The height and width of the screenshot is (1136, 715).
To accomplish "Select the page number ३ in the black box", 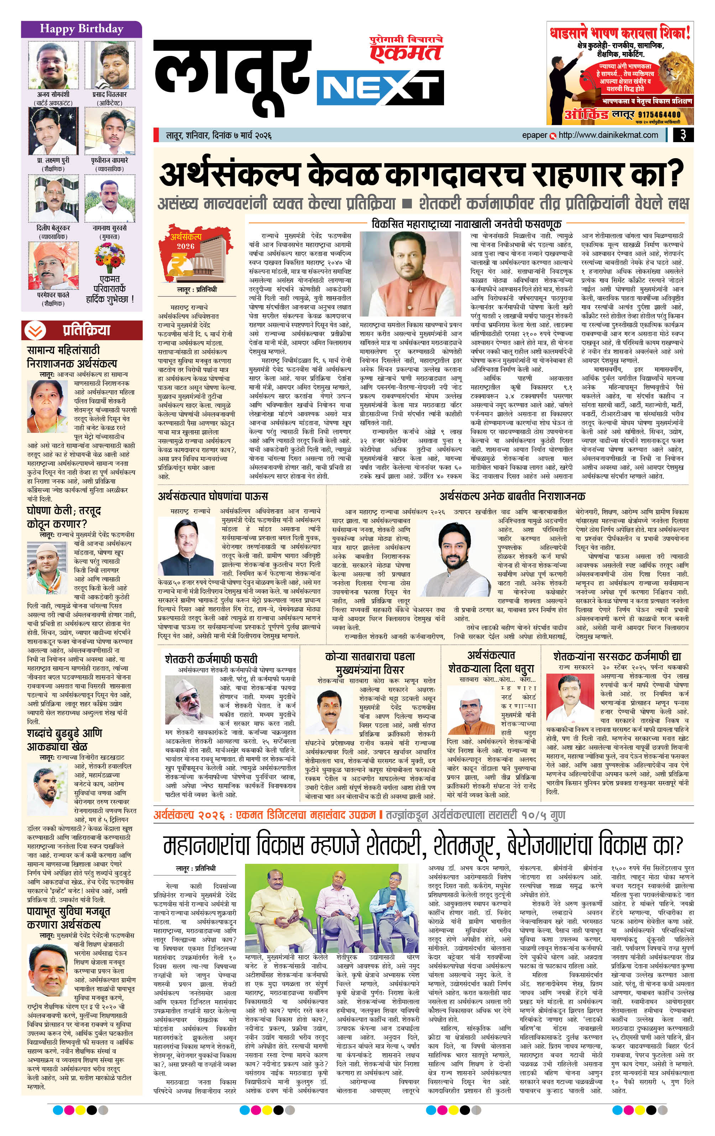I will click(x=683, y=135).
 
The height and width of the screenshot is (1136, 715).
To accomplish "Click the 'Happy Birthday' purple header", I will click(x=81, y=29).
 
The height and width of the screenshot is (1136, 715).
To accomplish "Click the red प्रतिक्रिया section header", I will click(x=82, y=330).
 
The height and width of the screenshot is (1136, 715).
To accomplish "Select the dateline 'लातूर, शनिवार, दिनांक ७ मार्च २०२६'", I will click(x=218, y=136).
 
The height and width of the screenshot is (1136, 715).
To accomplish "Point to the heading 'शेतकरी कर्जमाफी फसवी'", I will click(x=211, y=659).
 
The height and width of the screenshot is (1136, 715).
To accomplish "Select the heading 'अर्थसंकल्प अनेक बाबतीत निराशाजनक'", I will click(x=512, y=496).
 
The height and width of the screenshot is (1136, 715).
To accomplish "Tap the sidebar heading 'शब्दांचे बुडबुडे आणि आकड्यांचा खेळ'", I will click(x=64, y=740).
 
